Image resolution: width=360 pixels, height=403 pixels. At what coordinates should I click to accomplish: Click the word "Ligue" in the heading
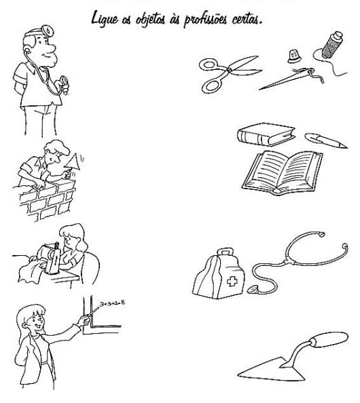click(105, 19)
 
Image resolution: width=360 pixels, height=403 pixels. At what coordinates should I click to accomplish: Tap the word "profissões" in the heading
click(206, 20)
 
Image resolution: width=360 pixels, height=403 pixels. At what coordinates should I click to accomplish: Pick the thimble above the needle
click(294, 56)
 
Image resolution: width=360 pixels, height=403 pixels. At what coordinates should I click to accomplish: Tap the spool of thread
click(331, 45)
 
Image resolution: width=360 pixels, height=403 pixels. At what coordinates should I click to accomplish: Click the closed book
click(266, 134)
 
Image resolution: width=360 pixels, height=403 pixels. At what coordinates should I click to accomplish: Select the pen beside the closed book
click(326, 140)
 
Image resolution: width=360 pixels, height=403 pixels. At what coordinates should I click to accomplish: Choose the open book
click(283, 172)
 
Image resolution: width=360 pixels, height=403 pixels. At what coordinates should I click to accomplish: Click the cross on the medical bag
click(232, 281)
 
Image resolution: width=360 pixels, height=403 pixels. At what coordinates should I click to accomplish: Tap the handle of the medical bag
click(226, 252)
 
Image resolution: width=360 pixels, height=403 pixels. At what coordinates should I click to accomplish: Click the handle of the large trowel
click(330, 339)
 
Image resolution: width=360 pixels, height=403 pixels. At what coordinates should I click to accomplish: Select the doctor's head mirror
click(48, 31)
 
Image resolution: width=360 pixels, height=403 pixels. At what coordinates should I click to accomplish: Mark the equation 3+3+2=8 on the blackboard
click(112, 303)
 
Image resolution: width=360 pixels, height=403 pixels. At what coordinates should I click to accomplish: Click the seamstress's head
click(73, 237)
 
